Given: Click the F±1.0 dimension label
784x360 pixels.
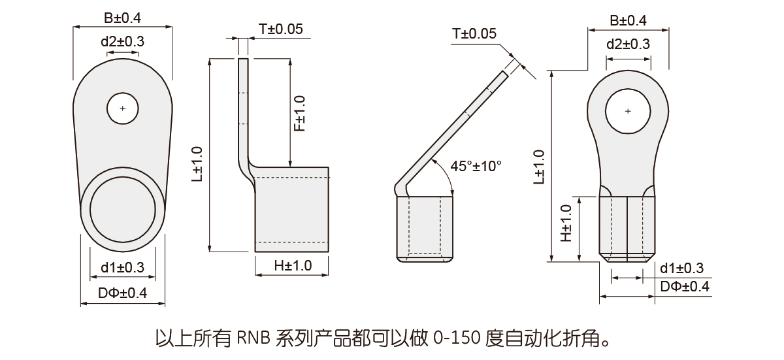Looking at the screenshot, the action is pyautogui.click(x=300, y=113).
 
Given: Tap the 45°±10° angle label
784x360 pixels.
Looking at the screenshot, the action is pyautogui.click(x=476, y=166).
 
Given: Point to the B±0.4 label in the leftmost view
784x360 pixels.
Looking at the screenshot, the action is pyautogui.click(x=123, y=18).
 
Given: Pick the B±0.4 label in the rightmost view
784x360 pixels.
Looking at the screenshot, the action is pyautogui.click(x=628, y=21).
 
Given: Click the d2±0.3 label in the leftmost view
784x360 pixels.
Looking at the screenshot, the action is pyautogui.click(x=123, y=42).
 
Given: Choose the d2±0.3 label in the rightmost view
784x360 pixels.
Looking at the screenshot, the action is pyautogui.click(x=628, y=44).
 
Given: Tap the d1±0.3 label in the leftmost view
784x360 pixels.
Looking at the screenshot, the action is pyautogui.click(x=123, y=268).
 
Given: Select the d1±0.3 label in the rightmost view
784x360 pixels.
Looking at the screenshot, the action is pyautogui.click(x=682, y=269).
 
